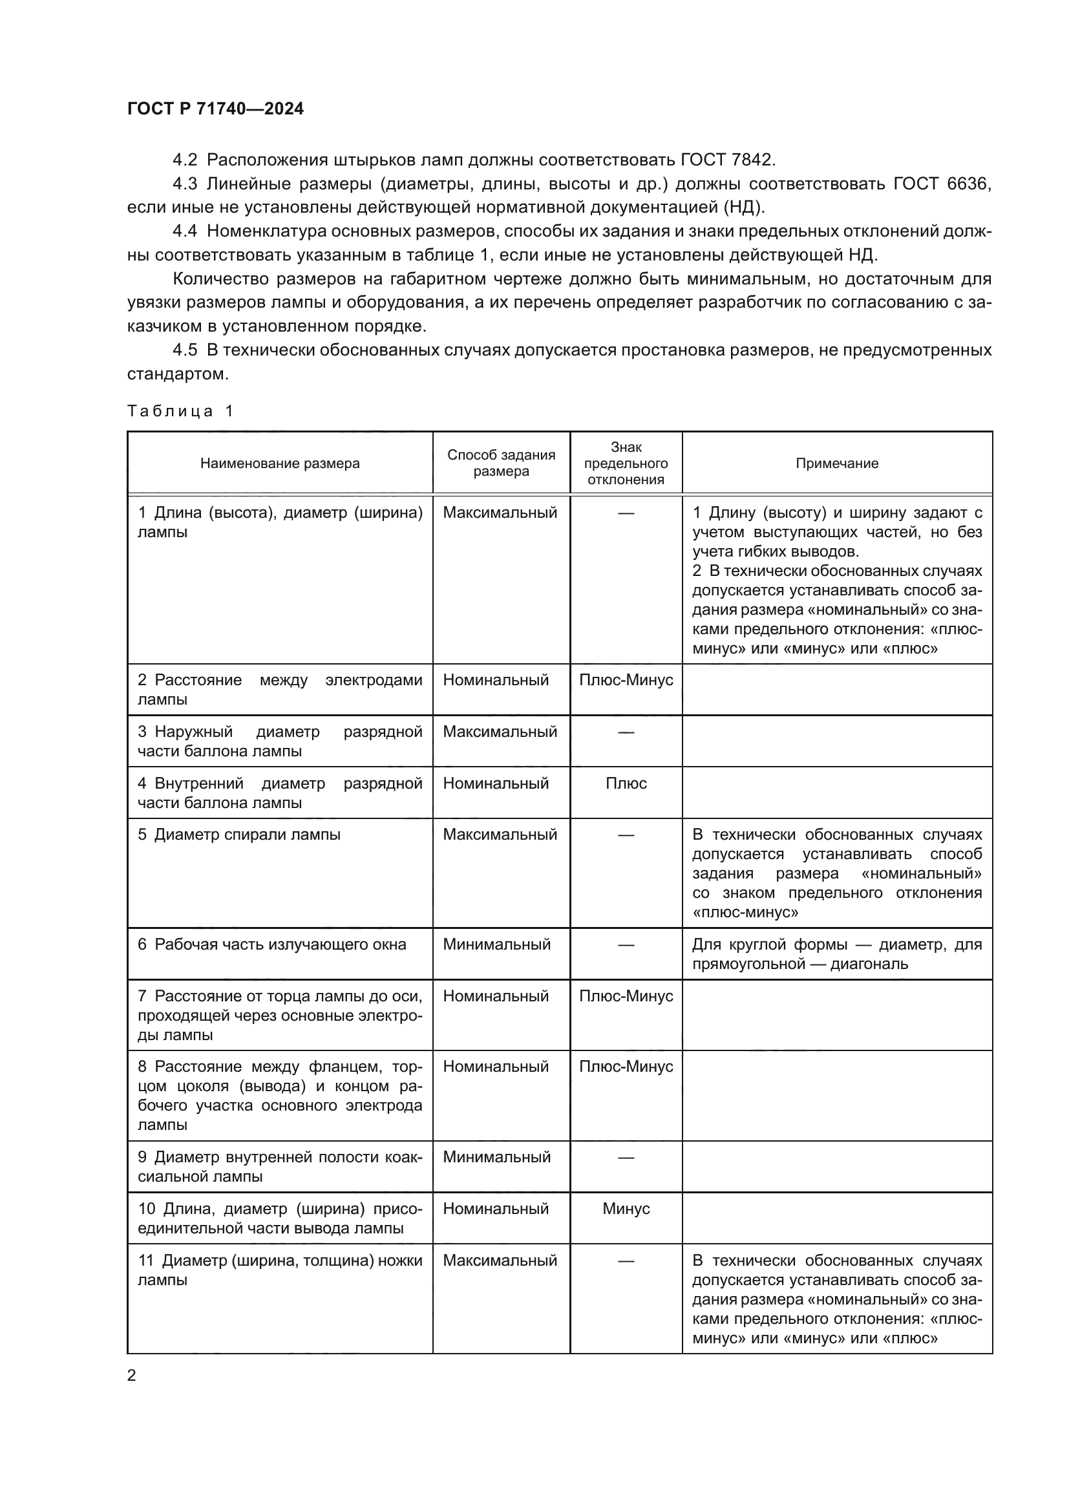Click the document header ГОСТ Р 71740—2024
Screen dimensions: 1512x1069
[x=215, y=109]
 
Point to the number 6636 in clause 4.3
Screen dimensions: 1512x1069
[x=968, y=184]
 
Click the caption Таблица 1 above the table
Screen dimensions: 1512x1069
[x=180, y=412]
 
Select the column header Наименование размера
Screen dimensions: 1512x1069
[x=280, y=463]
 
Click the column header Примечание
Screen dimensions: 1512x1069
[x=836, y=463]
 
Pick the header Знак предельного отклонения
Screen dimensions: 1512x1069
[x=626, y=463]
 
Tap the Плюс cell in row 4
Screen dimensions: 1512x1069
[x=626, y=783]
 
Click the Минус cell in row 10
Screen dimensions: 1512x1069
[x=626, y=1208]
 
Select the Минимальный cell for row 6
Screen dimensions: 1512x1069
[x=496, y=944]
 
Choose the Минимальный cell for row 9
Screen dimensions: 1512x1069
[x=496, y=1157]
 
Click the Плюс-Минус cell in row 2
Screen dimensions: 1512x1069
[x=626, y=679]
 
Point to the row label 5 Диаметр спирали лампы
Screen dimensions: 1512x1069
[x=239, y=835]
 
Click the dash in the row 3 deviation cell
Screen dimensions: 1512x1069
[x=626, y=732]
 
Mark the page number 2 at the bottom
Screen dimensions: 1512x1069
[x=132, y=1376]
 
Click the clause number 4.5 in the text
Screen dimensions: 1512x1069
[x=184, y=350]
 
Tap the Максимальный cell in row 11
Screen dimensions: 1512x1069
[x=500, y=1260]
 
